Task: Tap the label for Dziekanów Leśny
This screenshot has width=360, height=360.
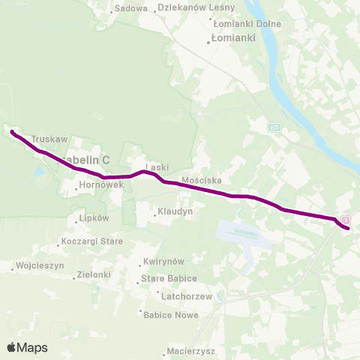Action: (x=196, y=7)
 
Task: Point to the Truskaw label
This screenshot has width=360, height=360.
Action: (x=49, y=139)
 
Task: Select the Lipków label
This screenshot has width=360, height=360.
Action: (x=94, y=218)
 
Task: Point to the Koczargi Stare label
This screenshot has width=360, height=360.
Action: (x=92, y=241)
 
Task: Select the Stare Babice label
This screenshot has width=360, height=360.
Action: (x=169, y=278)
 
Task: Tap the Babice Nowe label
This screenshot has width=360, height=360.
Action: (x=170, y=315)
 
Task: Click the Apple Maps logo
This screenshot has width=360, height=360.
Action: (x=27, y=347)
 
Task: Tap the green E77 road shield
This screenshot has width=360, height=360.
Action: (x=274, y=129)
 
